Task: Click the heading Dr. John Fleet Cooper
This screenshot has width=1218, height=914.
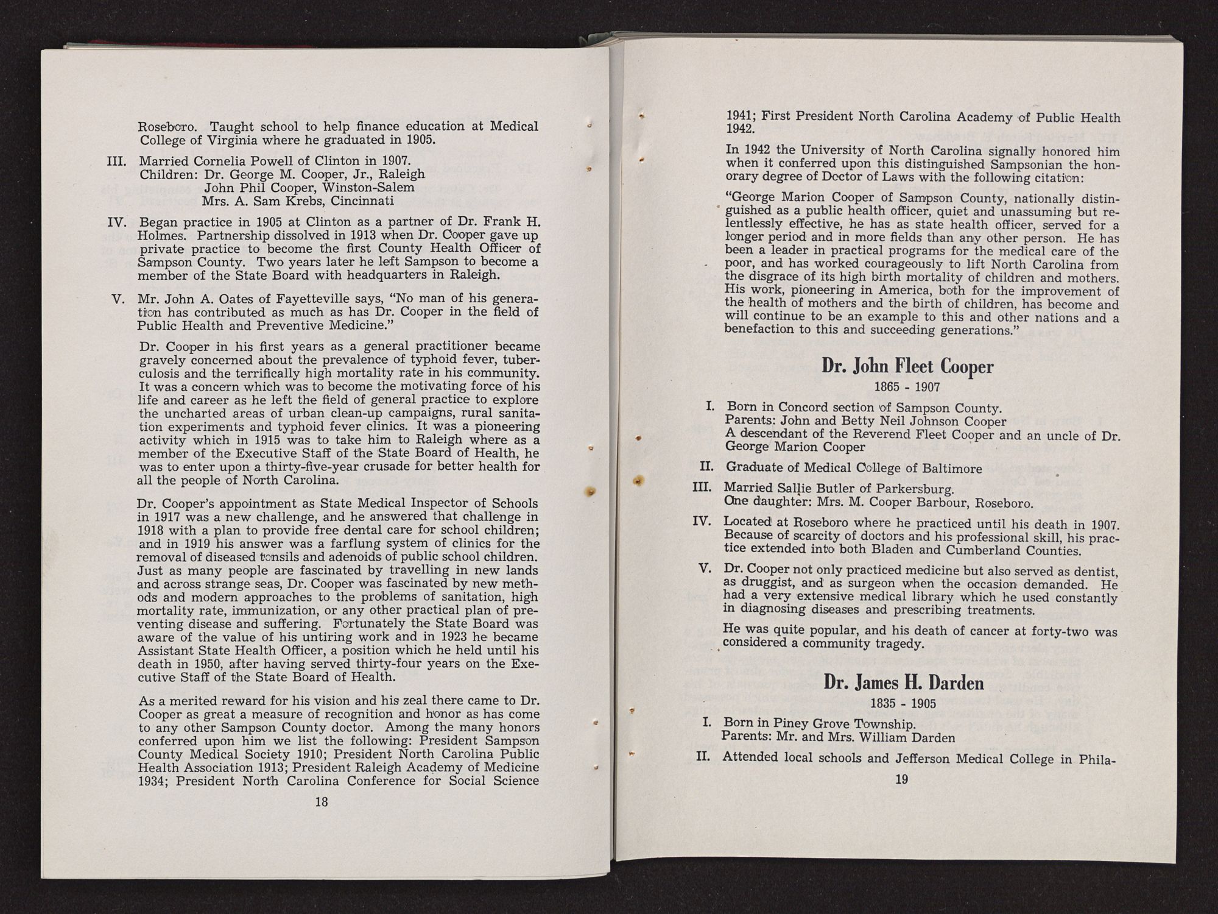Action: (907, 366)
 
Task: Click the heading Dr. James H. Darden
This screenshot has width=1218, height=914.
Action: (903, 682)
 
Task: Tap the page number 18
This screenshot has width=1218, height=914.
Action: (322, 802)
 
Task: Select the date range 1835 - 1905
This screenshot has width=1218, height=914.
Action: (903, 704)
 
